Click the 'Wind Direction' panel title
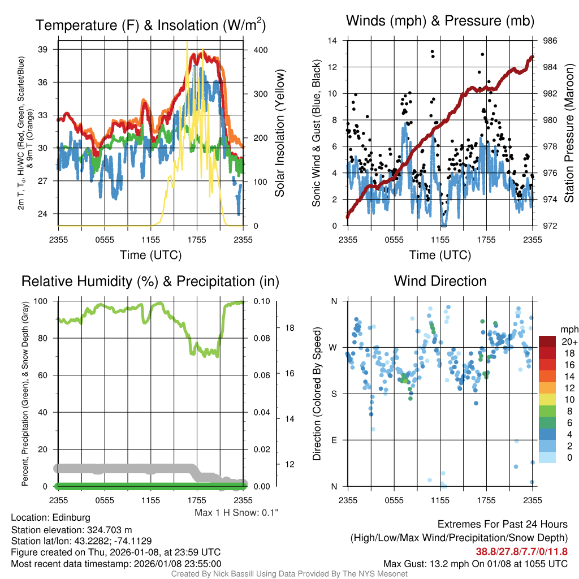click(440, 281)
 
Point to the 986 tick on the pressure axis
click(551, 41)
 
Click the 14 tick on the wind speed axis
click(332, 41)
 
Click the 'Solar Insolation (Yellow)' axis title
click(279, 133)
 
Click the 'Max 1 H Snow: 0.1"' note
click(236, 513)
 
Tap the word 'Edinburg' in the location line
click(71, 517)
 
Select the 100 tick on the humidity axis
click(44, 301)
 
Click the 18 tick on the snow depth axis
click(289, 327)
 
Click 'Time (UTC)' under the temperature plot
click(150, 255)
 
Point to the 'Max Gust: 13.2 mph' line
click(475, 563)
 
